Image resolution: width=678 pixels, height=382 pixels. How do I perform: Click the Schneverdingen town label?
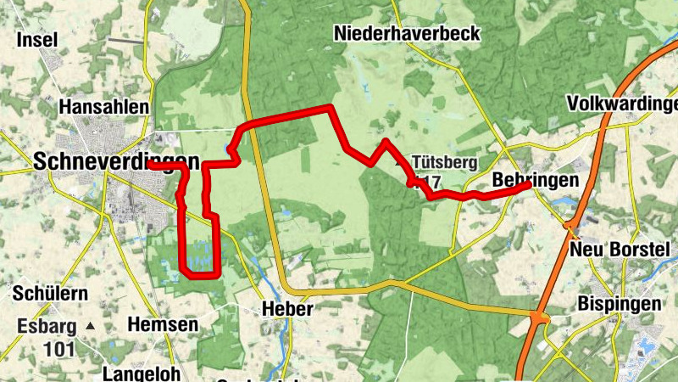coord(117,162)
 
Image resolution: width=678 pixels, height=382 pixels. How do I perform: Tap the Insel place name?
coord(36,39)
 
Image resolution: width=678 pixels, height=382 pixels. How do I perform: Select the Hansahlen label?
coord(105,107)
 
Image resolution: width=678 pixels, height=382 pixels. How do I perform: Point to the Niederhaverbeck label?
coord(407,34)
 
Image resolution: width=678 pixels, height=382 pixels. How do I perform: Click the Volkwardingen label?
coord(623,104)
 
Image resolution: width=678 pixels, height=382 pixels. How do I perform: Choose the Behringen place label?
coord(535,180)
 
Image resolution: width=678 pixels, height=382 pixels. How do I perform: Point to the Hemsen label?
coord(162,323)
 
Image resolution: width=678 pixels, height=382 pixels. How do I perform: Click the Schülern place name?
coord(50,294)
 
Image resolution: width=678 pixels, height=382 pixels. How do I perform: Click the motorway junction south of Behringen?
coord(570,225)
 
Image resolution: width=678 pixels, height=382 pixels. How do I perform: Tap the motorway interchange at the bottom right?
coord(537,319)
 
